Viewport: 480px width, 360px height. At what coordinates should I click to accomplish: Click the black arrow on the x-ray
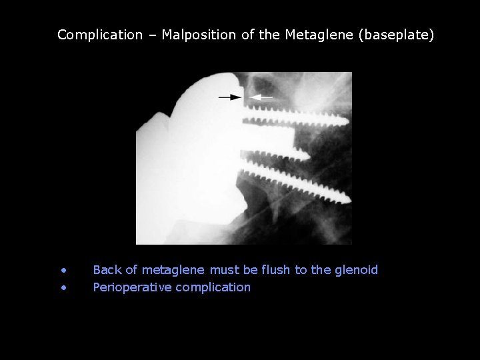click(230, 97)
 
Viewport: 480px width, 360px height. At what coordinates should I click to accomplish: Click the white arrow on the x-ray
click(263, 97)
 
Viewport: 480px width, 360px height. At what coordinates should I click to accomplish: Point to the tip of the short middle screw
click(309, 155)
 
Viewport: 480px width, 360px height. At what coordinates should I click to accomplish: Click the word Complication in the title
click(100, 35)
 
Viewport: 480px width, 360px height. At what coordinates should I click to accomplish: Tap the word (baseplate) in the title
click(396, 35)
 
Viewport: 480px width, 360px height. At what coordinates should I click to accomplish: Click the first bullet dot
click(63, 271)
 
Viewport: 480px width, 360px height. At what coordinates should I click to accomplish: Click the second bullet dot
click(63, 288)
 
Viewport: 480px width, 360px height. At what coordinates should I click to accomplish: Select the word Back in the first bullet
click(107, 270)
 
